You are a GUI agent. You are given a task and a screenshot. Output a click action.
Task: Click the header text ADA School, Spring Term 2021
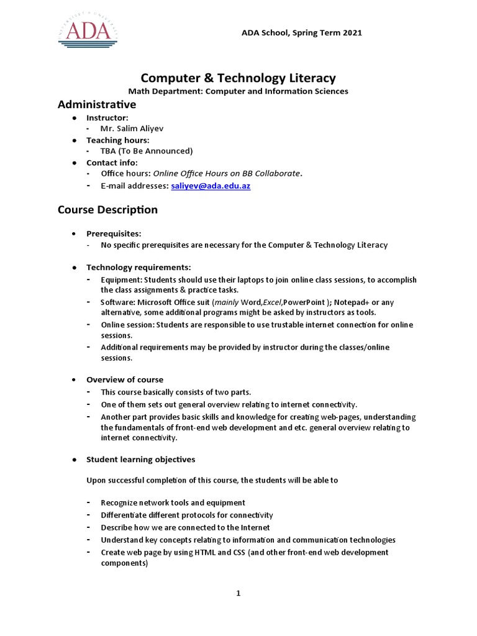[301, 32]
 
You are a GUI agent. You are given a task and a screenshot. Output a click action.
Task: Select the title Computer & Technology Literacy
[238, 78]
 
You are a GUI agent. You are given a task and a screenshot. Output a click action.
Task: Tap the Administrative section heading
[97, 104]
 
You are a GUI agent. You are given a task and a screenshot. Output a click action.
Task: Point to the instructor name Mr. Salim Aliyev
[132, 129]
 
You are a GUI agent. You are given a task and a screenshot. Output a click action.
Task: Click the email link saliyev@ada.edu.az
[206, 186]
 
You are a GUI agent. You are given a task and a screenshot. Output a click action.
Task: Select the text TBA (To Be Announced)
[147, 151]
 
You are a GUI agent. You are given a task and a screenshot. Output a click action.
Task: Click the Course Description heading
[107, 210]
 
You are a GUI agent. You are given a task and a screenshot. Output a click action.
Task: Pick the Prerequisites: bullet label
[114, 234]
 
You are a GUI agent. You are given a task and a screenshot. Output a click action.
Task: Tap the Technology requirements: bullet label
[139, 267]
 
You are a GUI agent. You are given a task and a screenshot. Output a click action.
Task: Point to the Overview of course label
[125, 379]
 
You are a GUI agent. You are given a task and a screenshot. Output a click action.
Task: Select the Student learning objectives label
[140, 460]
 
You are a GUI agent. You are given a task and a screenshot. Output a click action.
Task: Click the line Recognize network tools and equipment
[173, 502]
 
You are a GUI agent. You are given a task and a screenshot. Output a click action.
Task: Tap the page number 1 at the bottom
[238, 593]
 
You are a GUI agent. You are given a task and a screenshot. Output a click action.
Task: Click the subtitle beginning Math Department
[238, 91]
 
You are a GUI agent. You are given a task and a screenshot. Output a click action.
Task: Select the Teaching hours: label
[117, 140]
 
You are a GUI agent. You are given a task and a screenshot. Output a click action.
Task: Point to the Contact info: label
[112, 163]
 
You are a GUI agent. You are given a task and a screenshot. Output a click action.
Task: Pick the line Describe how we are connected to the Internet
[184, 527]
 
